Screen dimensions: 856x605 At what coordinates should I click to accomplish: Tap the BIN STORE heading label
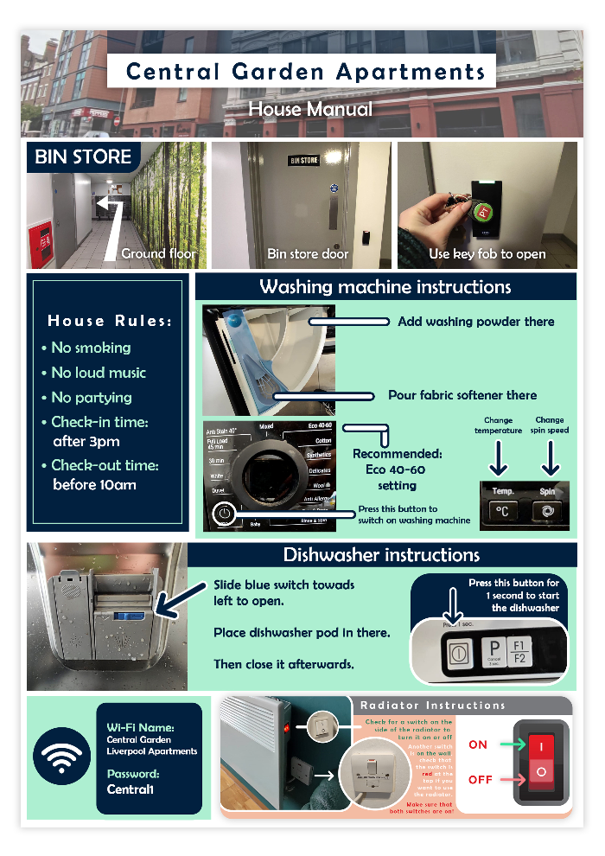click(83, 157)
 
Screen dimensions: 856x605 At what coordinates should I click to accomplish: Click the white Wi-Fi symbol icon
click(61, 757)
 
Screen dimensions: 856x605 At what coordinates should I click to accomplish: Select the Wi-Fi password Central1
click(132, 789)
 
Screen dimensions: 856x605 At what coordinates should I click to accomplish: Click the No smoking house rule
click(91, 348)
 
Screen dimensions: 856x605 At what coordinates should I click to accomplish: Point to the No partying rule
click(92, 398)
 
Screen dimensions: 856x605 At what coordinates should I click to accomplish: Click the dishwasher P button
click(495, 647)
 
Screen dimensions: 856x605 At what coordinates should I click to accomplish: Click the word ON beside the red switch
click(478, 744)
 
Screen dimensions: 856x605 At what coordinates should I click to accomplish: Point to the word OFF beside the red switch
click(481, 779)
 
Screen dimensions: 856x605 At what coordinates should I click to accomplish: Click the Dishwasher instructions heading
click(381, 555)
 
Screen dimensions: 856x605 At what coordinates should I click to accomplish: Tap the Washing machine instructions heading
click(385, 287)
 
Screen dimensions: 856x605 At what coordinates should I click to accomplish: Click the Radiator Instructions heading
click(432, 706)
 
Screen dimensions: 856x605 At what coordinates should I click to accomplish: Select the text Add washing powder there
click(475, 322)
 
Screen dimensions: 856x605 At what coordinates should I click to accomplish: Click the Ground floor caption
click(158, 254)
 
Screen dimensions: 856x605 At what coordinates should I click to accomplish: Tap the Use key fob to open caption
click(487, 254)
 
